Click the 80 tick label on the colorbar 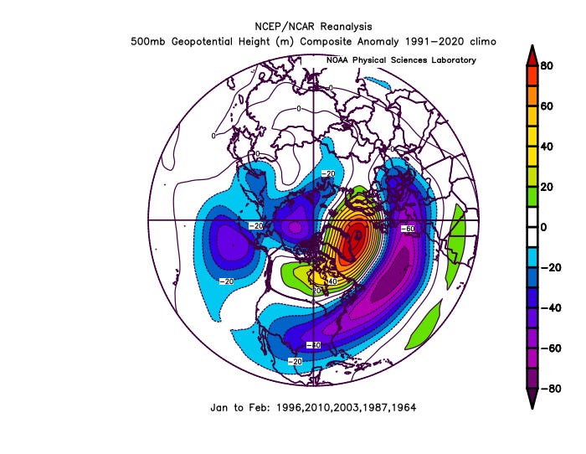546,66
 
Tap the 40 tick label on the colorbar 546,147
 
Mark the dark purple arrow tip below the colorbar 530,401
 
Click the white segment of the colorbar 530,227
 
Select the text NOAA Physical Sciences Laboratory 401,60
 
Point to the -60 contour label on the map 408,228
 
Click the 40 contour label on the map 332,282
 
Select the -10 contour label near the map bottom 313,345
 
